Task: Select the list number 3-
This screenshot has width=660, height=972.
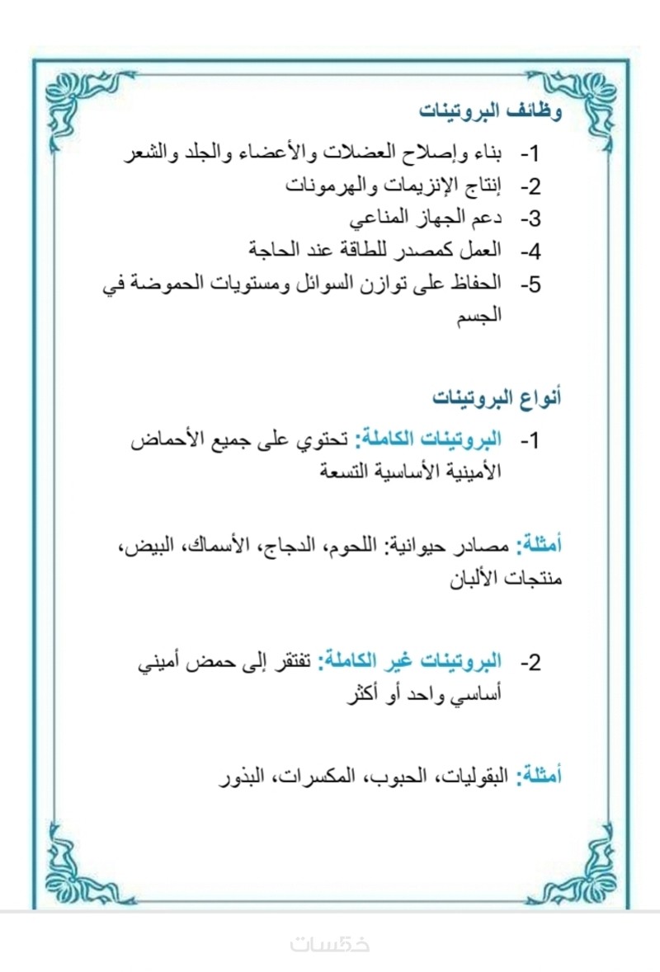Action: [x=529, y=218]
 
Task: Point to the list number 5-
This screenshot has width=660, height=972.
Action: [x=529, y=284]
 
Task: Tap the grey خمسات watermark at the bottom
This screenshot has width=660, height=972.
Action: [x=330, y=944]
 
